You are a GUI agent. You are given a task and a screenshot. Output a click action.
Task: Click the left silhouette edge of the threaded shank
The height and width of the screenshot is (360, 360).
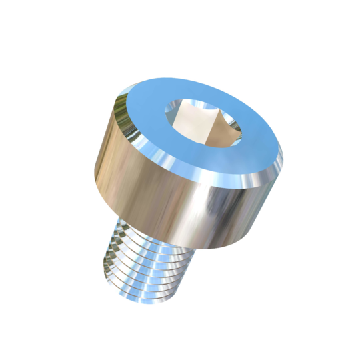point(107,257)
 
